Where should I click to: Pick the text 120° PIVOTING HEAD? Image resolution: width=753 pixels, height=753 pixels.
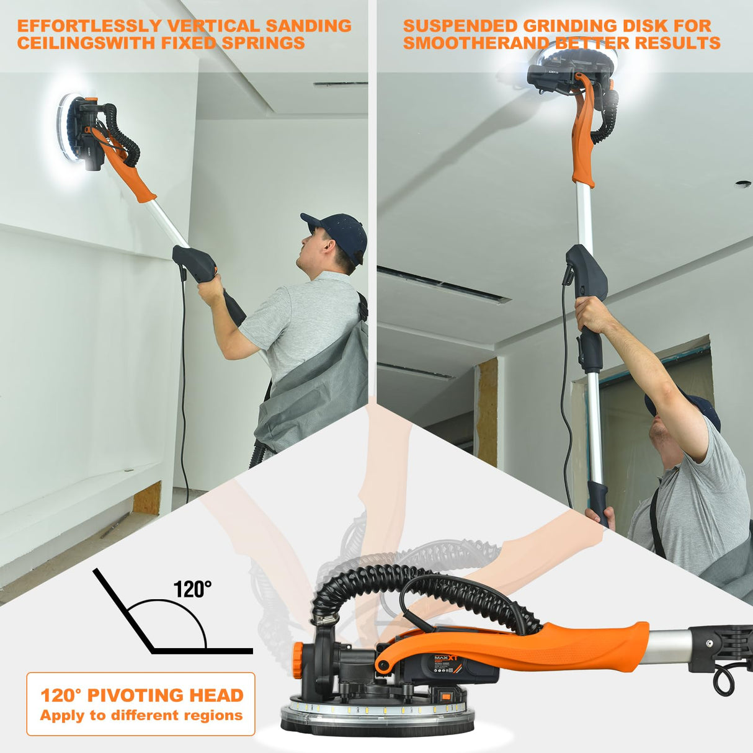coord(141,695)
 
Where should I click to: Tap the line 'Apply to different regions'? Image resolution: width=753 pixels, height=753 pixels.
coord(141,715)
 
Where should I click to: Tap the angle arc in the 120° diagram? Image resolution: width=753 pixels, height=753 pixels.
coord(186,611)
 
